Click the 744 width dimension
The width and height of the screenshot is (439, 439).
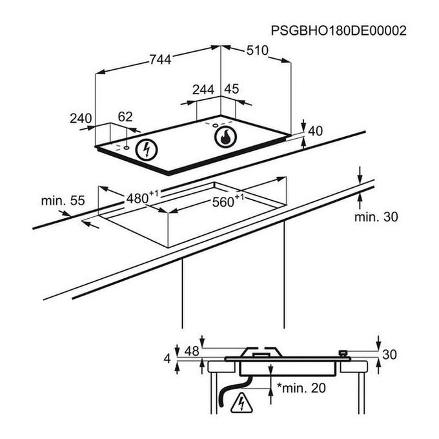pyautogui.click(x=159, y=59)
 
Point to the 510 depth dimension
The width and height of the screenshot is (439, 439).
pyautogui.click(x=257, y=52)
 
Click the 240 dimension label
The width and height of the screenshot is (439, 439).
pyautogui.click(x=81, y=118)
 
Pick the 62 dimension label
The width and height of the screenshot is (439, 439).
pyautogui.click(x=125, y=117)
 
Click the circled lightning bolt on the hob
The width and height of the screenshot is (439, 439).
pyautogui.click(x=148, y=150)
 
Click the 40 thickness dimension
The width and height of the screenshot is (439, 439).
pyautogui.click(x=315, y=131)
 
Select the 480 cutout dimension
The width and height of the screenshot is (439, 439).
pyautogui.click(x=139, y=197)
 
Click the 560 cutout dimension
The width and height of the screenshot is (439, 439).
pyautogui.click(x=225, y=201)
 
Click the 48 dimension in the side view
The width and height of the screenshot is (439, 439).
pyautogui.click(x=192, y=352)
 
